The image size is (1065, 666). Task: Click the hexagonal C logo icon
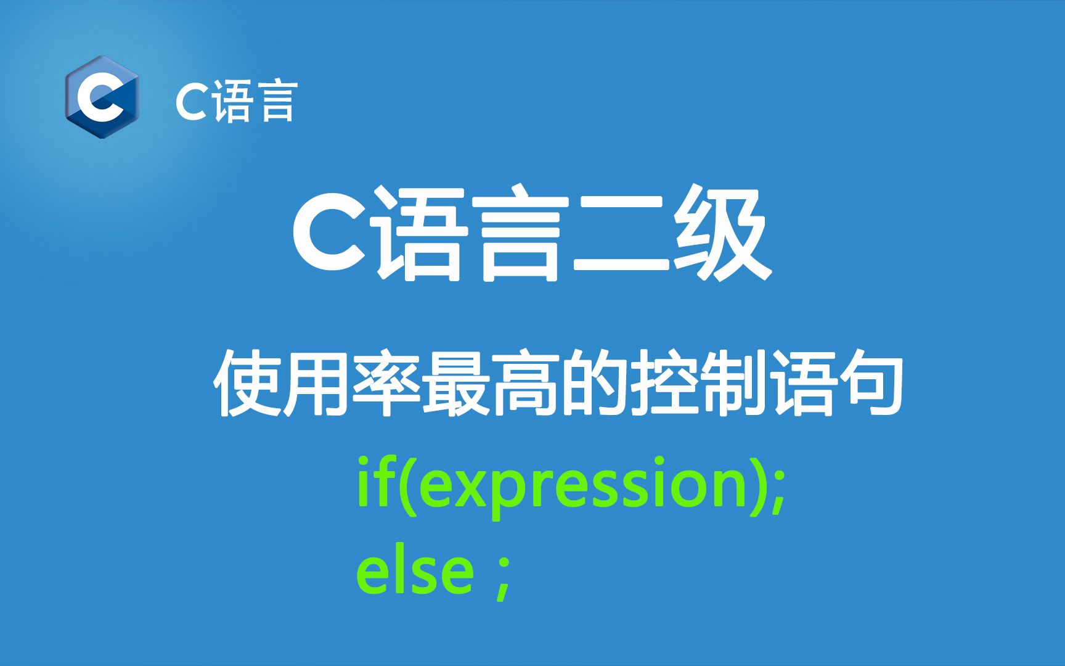[x=102, y=97]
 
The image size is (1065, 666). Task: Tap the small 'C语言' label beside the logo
[x=237, y=100]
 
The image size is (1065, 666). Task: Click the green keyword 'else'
[x=414, y=572]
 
